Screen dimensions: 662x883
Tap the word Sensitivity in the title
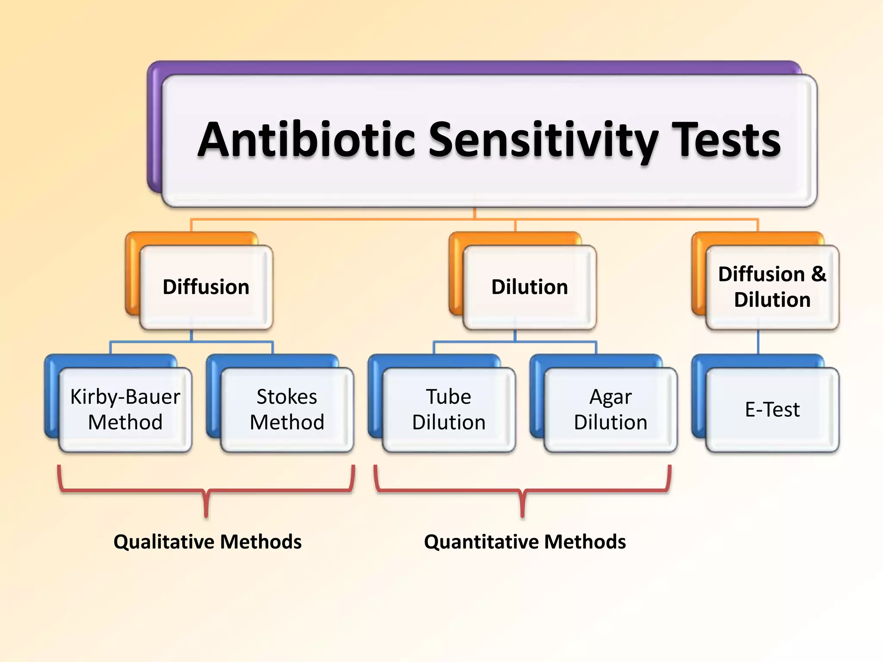pyautogui.click(x=543, y=140)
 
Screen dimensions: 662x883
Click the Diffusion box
pyautogui.click(x=206, y=287)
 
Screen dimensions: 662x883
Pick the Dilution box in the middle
pyautogui.click(x=529, y=287)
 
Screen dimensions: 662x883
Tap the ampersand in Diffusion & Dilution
pyautogui.click(x=818, y=274)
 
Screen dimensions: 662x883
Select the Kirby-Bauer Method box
pyautogui.click(x=125, y=409)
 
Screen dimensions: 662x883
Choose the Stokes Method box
pyautogui.click(x=287, y=409)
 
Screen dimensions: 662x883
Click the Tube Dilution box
pyautogui.click(x=448, y=409)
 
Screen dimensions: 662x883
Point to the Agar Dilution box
pyautogui.click(x=611, y=409)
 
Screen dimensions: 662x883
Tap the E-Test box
pyautogui.click(x=772, y=409)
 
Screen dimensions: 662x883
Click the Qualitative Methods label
pyautogui.click(x=207, y=542)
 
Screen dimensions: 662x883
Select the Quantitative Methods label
pyautogui.click(x=525, y=542)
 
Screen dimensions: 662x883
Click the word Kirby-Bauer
pyautogui.click(x=125, y=397)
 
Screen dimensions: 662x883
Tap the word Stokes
pyautogui.click(x=287, y=397)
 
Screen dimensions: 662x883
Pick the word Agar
pyautogui.click(x=611, y=397)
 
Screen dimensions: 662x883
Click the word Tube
pyautogui.click(x=448, y=397)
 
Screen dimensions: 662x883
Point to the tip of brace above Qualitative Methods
pyautogui.click(x=207, y=515)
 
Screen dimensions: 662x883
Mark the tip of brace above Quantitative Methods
pyautogui.click(x=523, y=515)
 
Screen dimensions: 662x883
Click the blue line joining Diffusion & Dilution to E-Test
pyautogui.click(x=758, y=342)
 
